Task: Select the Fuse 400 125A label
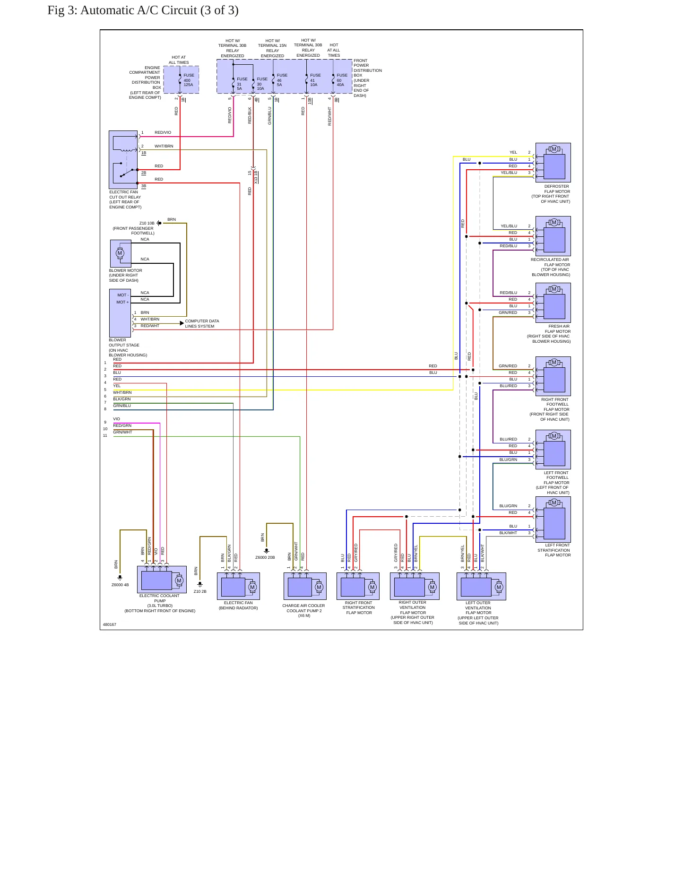pyautogui.click(x=189, y=80)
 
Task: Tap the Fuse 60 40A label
pyautogui.click(x=342, y=80)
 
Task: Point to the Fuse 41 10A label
pyautogui.click(x=315, y=80)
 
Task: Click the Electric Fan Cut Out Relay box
pyautogui.click(x=123, y=160)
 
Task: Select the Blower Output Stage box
pyautogui.click(x=120, y=313)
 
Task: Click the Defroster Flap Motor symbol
pyautogui.click(x=553, y=163)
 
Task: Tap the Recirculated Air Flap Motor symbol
pyautogui.click(x=553, y=236)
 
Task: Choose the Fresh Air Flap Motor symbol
pyautogui.click(x=553, y=303)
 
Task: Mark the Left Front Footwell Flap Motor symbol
pyautogui.click(x=553, y=450)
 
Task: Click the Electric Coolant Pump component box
pyautogui.click(x=162, y=580)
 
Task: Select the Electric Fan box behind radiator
pyautogui.click(x=238, y=586)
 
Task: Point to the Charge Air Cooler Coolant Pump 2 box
pyautogui.click(x=305, y=586)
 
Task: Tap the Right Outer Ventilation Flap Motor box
pyautogui.click(x=415, y=586)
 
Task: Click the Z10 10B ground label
pyautogui.click(x=147, y=223)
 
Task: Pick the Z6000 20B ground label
pyautogui.click(x=265, y=557)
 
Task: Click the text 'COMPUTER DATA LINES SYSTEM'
pyautogui.click(x=202, y=324)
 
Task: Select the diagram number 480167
pyautogui.click(x=110, y=624)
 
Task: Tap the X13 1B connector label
pyautogui.click(x=256, y=177)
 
